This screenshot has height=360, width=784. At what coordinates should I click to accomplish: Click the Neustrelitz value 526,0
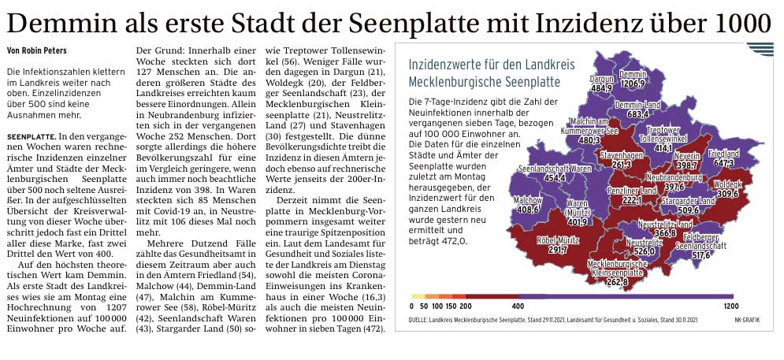pyautogui.click(x=644, y=252)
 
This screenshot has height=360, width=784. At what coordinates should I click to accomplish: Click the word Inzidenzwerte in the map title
pyautogui.click(x=447, y=63)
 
